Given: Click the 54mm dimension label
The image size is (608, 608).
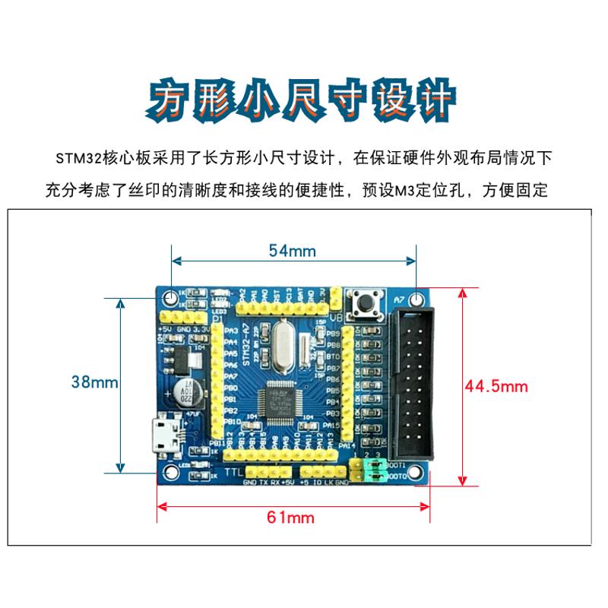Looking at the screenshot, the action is [293, 250].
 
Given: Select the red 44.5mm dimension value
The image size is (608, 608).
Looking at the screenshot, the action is [496, 386].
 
